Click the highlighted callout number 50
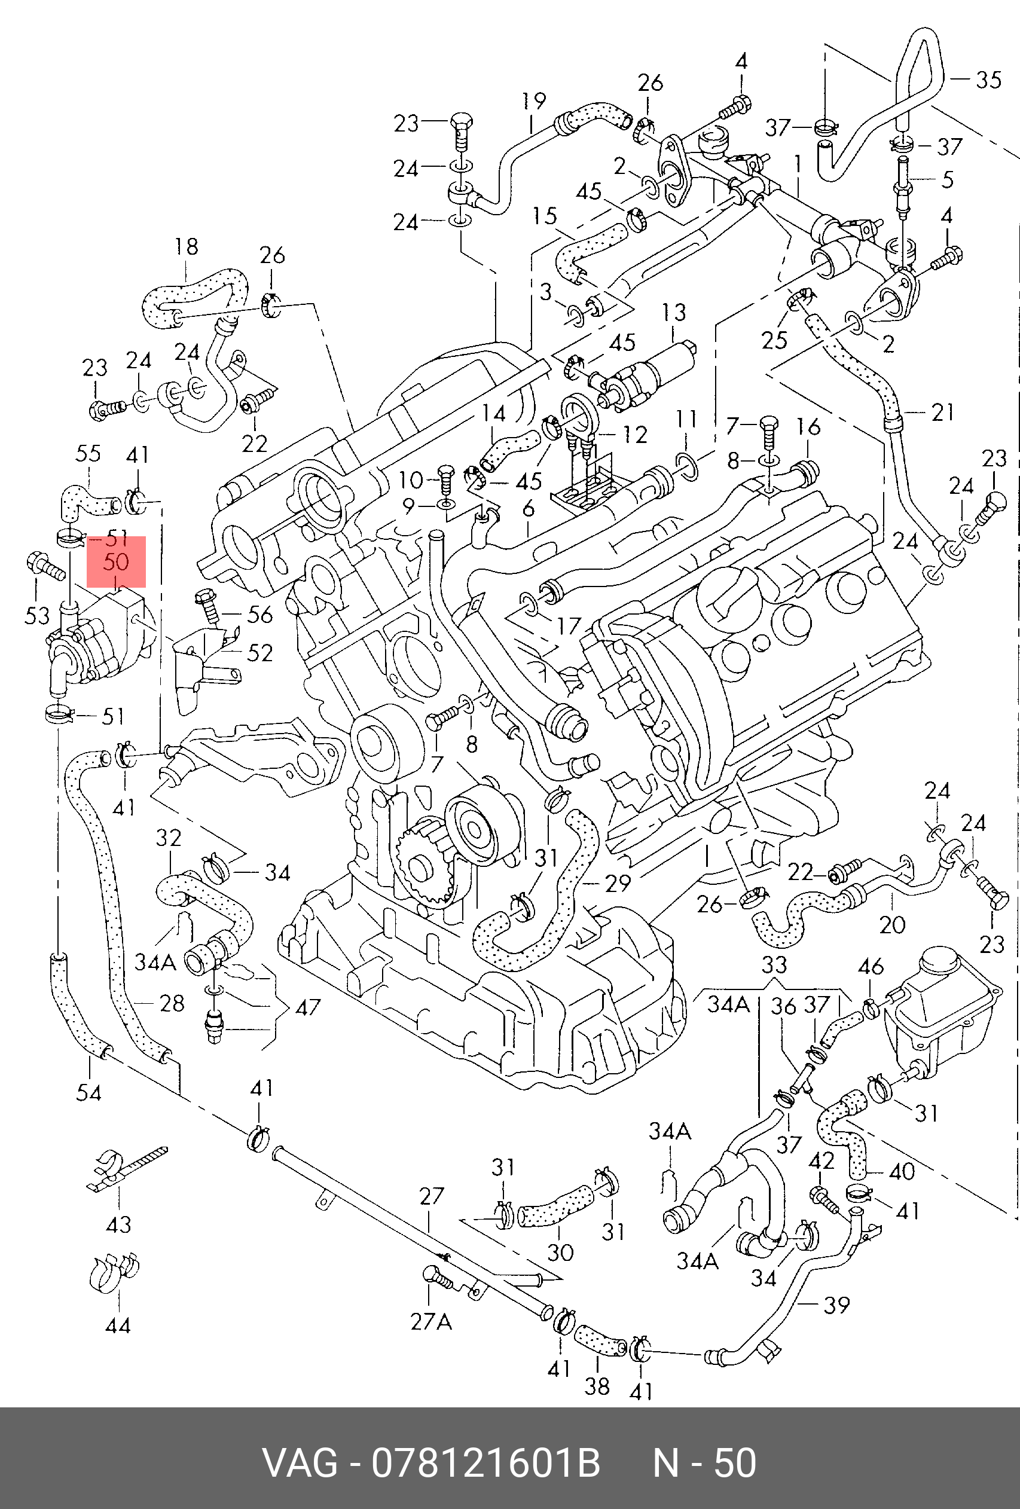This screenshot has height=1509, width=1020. tap(116, 561)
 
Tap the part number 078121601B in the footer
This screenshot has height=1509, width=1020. tap(485, 1462)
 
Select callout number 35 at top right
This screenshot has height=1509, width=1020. tap(988, 80)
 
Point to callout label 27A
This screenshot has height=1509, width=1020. tap(430, 1321)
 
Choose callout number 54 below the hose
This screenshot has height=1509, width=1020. tap(89, 1092)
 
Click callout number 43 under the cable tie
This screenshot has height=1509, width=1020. tap(118, 1224)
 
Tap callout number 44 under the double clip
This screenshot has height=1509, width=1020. tap(118, 1325)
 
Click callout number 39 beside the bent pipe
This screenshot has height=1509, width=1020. tap(836, 1305)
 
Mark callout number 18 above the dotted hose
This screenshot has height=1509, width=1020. tap(187, 247)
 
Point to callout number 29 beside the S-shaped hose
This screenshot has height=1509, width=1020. tap(618, 882)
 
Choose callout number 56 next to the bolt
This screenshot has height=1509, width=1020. tap(259, 614)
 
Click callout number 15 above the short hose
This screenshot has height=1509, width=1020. tap(545, 216)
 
